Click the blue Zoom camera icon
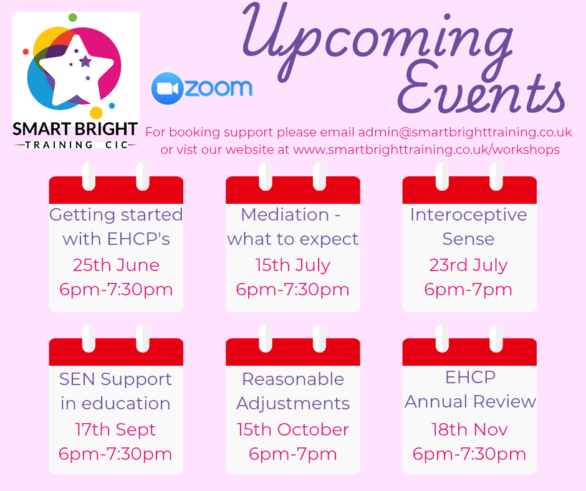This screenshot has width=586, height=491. tap(167, 88)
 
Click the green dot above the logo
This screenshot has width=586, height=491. tap(73, 17)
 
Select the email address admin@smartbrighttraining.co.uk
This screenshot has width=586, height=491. tap(465, 132)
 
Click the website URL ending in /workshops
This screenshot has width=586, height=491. tap(426, 150)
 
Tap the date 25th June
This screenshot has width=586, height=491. tap(116, 265)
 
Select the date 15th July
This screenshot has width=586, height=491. tap(292, 265)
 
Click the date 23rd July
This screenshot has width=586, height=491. tap(468, 265)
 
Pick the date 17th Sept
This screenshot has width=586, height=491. tap(115, 430)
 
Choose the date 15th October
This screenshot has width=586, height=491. tap(292, 429)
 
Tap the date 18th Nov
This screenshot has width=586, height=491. tap(469, 429)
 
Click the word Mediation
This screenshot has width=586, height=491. tap(285, 214)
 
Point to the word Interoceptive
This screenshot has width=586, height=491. tap(468, 215)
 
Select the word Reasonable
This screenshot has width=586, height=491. tap(292, 379)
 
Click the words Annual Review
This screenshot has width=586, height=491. tap(470, 401)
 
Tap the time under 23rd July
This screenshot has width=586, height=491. tap(468, 290)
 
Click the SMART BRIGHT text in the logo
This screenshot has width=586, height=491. tap(75, 129)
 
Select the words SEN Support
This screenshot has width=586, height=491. tap(115, 379)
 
